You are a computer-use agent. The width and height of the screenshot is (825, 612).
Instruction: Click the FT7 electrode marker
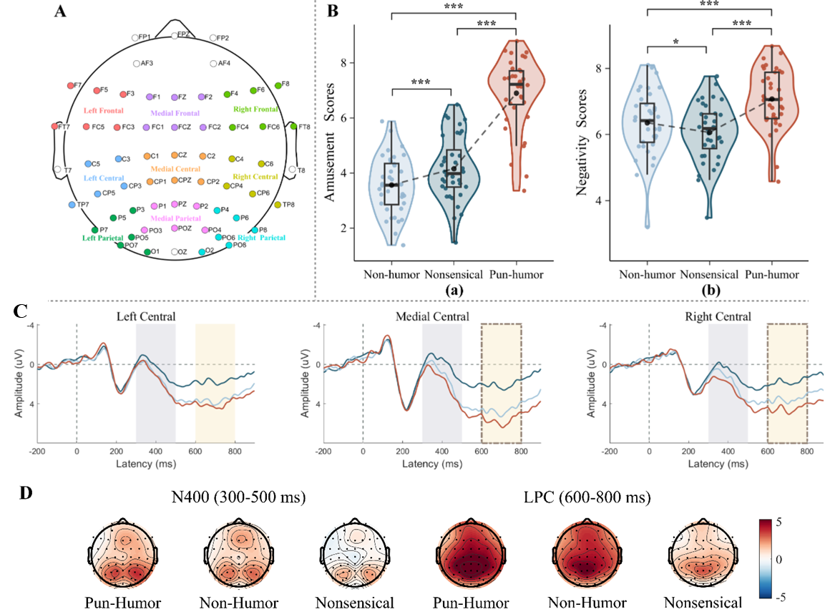click(x=55, y=126)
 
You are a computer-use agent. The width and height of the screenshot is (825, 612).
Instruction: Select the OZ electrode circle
click(x=175, y=252)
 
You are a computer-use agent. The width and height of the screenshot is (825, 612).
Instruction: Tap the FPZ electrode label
click(x=184, y=34)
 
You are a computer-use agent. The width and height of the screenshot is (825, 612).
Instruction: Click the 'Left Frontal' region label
click(x=104, y=111)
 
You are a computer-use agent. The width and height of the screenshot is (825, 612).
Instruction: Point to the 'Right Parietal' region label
click(x=262, y=238)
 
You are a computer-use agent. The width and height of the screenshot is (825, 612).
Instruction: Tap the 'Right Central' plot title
click(x=718, y=316)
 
